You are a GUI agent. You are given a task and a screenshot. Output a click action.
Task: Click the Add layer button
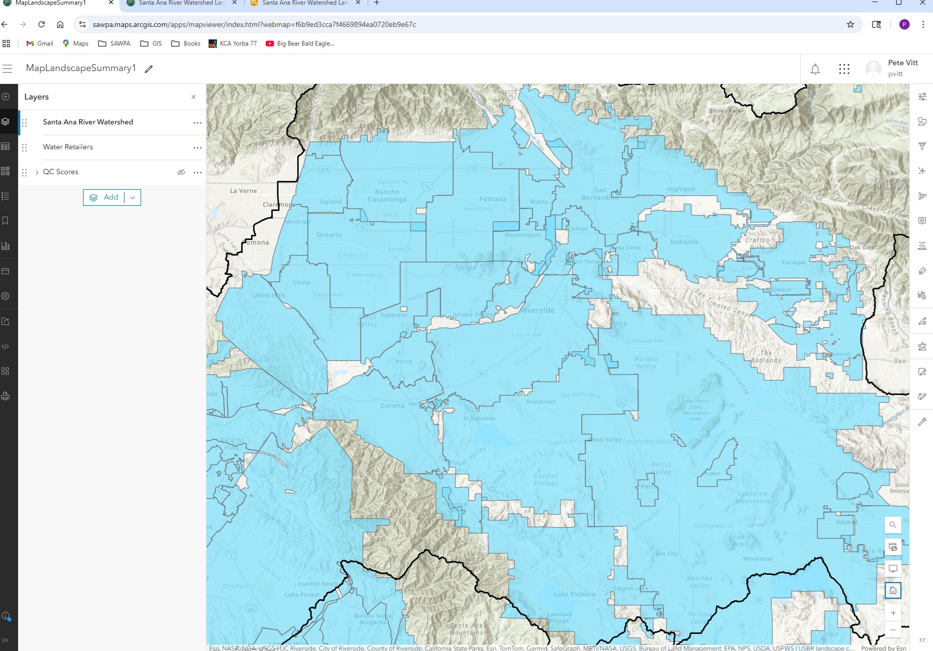(104, 197)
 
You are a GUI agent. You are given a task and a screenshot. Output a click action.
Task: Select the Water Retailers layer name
(68, 147)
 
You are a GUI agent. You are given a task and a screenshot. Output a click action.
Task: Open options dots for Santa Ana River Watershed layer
(197, 123)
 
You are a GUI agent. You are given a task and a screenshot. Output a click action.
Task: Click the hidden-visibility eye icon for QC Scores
(181, 172)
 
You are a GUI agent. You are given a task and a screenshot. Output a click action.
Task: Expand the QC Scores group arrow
(37, 172)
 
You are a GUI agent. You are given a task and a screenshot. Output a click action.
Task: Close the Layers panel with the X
(194, 97)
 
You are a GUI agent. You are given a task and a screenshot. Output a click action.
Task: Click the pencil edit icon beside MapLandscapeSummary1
(149, 69)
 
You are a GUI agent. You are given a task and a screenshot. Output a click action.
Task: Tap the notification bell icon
(815, 69)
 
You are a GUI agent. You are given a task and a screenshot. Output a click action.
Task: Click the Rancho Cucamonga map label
(387, 195)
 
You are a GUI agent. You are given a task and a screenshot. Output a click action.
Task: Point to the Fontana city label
(492, 199)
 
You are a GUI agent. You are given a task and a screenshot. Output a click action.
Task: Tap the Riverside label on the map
(538, 310)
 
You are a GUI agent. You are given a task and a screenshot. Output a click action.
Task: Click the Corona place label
(392, 406)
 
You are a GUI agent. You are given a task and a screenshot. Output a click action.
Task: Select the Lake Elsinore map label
(574, 594)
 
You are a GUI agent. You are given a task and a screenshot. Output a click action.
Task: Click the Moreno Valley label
(646, 362)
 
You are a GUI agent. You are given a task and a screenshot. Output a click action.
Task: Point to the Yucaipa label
(792, 262)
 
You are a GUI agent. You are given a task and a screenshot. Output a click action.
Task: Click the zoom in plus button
(893, 613)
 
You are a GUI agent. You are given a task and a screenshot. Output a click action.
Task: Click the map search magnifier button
(893, 525)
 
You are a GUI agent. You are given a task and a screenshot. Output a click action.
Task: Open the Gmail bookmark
(40, 44)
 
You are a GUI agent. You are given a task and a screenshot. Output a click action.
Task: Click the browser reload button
(42, 24)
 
